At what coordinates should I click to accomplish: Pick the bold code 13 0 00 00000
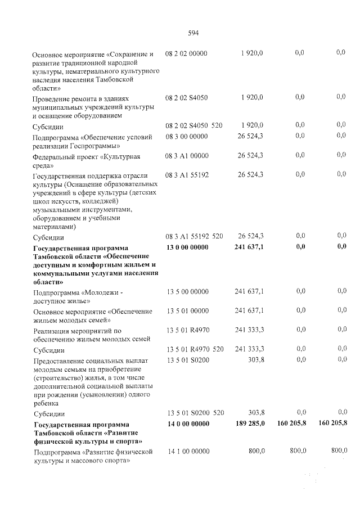[x=187, y=247]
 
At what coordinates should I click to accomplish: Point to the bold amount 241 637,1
[x=249, y=247]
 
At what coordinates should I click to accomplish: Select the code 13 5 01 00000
[x=187, y=310]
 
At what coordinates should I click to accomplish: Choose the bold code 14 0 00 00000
[x=187, y=424]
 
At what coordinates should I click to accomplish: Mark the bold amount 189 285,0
[x=249, y=424]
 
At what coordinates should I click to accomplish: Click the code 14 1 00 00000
[x=187, y=451]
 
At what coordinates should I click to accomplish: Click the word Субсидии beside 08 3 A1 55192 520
[x=48, y=237]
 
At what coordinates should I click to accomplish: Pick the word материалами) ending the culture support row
[x=55, y=227]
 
